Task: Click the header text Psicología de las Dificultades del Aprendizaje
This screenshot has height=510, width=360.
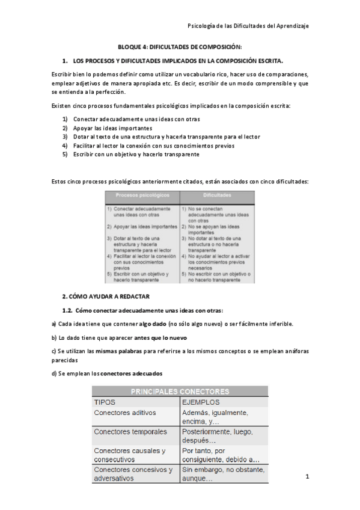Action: click(x=248, y=26)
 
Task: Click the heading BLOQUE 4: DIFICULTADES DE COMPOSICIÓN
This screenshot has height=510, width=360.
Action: click(x=179, y=47)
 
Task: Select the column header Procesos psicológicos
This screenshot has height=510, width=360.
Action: click(x=142, y=196)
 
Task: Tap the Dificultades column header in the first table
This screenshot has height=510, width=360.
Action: click(x=217, y=196)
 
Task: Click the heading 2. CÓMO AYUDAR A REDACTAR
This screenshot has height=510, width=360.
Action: click(x=106, y=296)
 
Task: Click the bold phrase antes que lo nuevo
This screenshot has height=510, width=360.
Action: click(x=160, y=337)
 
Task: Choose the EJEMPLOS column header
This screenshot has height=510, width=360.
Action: click(x=201, y=402)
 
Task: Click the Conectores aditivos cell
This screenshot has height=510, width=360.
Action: click(x=125, y=413)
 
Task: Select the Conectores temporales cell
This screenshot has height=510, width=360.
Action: click(x=129, y=432)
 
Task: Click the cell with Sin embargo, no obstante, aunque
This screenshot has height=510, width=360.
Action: click(x=222, y=474)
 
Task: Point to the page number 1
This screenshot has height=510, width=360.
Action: click(x=307, y=478)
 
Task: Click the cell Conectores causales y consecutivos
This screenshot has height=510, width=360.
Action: click(x=130, y=455)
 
